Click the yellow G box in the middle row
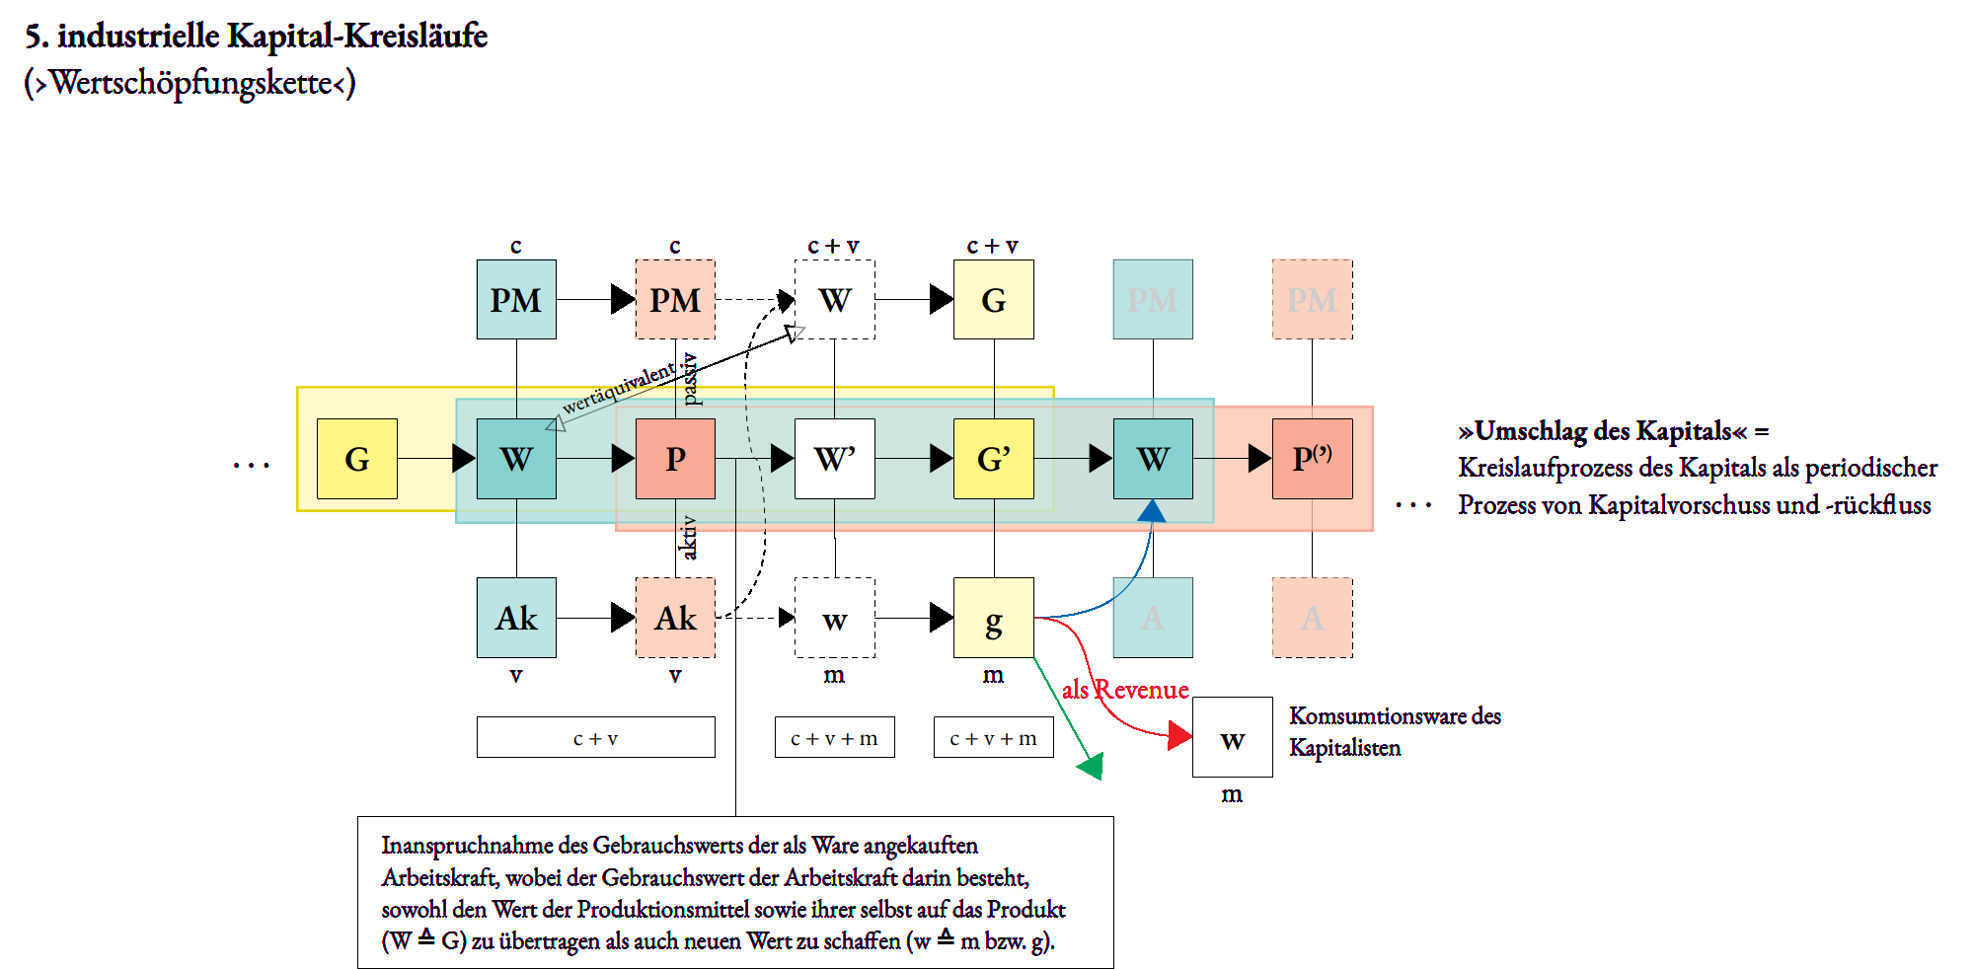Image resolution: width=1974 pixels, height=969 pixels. pos(356,459)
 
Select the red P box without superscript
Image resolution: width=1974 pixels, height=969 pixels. pos(675,459)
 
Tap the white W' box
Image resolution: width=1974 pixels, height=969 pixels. pos(834,459)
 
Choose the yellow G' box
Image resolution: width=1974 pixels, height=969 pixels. pos(993,459)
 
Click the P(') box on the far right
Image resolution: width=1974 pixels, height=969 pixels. pos(1312,459)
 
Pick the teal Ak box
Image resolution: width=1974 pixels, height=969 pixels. pos(516,618)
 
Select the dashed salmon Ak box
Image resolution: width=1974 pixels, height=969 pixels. pos(675,618)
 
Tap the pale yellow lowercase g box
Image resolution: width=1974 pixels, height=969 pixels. pos(993,618)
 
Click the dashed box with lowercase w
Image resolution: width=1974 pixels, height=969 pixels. pos(834,618)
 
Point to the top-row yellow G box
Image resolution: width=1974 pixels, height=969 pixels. pos(993,299)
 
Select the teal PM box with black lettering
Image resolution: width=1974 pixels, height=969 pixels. pos(516,299)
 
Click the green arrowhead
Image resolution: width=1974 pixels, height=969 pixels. pos(1092,767)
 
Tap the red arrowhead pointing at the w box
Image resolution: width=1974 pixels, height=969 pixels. pos(1179,735)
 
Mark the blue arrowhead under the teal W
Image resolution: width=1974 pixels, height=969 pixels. pos(1151,511)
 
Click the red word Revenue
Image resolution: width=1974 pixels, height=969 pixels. pos(1141,690)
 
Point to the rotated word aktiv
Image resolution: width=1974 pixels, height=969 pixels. pos(689,538)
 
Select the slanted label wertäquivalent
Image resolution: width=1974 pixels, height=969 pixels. pos(619,388)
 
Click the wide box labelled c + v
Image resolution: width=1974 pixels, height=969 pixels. pos(595,737)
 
